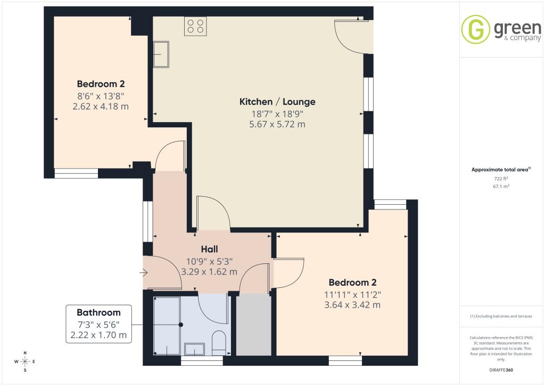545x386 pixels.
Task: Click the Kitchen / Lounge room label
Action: pyautogui.click(x=277, y=102)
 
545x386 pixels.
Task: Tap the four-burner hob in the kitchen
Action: pyautogui.click(x=195, y=26)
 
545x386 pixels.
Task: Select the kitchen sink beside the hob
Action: pyautogui.click(x=161, y=54)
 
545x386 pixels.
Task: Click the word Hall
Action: pyautogui.click(x=210, y=249)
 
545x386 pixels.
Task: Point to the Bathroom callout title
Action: pyautogui.click(x=98, y=312)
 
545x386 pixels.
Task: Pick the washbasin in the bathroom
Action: pyautogui.click(x=194, y=349)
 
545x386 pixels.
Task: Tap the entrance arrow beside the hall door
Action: pyautogui.click(x=144, y=272)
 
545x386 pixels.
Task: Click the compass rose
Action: pyautogui.click(x=25, y=361)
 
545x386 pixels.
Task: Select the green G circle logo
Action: pyautogui.click(x=475, y=29)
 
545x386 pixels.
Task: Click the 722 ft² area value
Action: pyautogui.click(x=501, y=179)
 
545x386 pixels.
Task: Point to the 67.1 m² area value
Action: pyautogui.click(x=501, y=186)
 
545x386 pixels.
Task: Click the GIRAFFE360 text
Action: pyautogui.click(x=501, y=370)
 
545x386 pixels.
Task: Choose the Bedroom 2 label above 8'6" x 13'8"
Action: pyautogui.click(x=101, y=84)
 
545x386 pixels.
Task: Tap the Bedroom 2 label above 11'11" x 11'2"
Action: pyautogui.click(x=352, y=282)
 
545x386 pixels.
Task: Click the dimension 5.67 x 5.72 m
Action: pyautogui.click(x=277, y=124)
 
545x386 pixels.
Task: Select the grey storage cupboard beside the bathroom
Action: pyautogui.click(x=254, y=325)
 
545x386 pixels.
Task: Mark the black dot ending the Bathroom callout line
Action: pyautogui.click(x=181, y=325)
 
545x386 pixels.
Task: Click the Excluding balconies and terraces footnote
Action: pyautogui.click(x=501, y=316)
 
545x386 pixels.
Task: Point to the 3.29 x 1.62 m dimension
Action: pyautogui.click(x=209, y=272)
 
